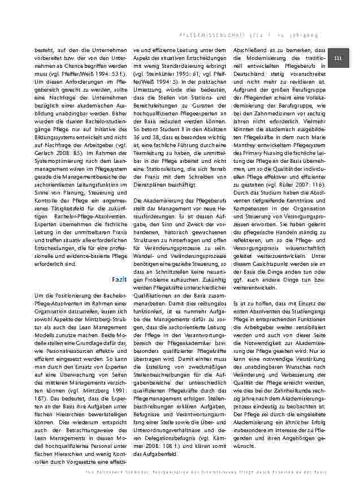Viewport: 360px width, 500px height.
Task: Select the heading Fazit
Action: [x=119, y=279]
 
